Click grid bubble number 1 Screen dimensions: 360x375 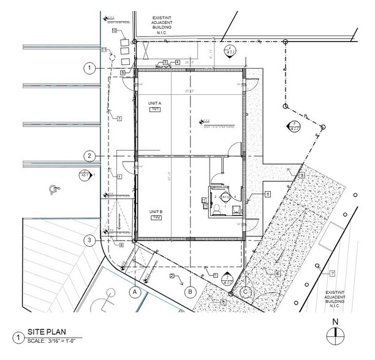(x=90, y=68)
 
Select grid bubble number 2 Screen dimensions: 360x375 (x=90, y=156)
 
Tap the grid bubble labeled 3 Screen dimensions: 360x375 (x=90, y=241)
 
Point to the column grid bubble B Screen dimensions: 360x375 (x=191, y=292)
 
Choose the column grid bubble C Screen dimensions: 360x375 (x=246, y=292)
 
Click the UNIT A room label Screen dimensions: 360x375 (x=154, y=103)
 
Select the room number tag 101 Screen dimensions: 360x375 (x=155, y=109)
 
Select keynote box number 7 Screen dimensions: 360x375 (x=332, y=273)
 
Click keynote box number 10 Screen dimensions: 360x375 (x=115, y=30)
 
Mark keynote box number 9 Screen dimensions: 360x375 (x=123, y=72)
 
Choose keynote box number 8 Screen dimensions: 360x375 (x=121, y=245)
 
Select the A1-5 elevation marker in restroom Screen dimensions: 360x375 (x=225, y=197)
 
